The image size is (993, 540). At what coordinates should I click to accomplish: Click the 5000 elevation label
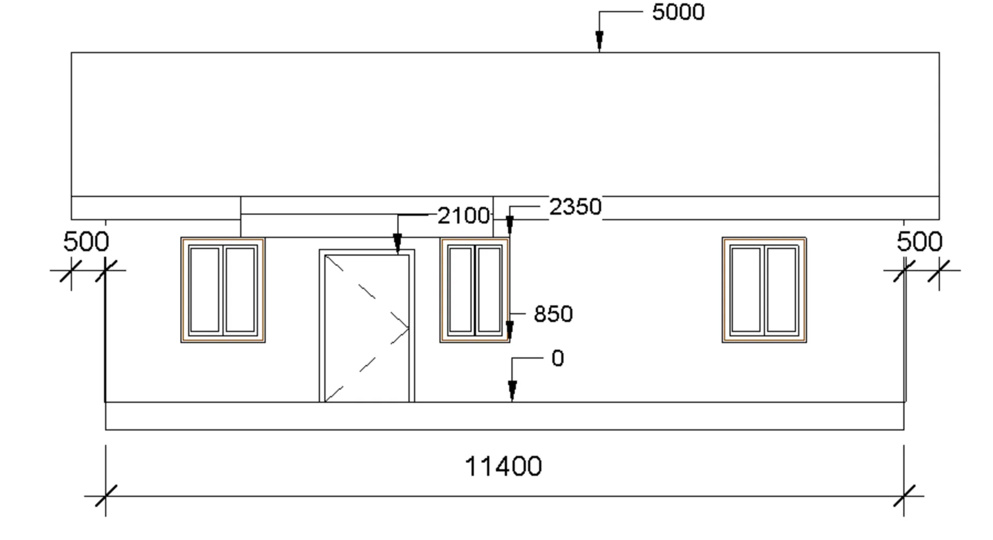coord(678,12)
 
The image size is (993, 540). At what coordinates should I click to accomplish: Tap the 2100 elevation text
coord(463,216)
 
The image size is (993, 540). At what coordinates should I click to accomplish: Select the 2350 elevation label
coord(575,207)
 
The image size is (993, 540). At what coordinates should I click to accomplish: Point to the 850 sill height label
coord(553,314)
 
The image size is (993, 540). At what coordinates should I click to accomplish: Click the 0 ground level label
coord(558,359)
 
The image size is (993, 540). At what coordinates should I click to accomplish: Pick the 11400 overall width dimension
coord(503,467)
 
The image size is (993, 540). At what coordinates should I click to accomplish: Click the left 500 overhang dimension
coord(86,242)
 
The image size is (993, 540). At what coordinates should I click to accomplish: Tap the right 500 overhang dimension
coord(920,242)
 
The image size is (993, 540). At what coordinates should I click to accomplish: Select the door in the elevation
coord(367,326)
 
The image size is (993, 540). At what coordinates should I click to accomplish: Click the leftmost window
coord(223,290)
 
